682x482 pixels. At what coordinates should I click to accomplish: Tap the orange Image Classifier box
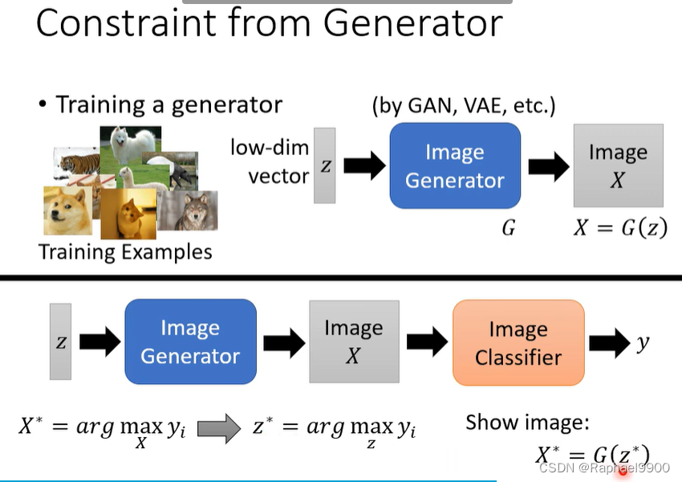(x=518, y=343)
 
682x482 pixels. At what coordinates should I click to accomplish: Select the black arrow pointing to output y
(x=609, y=343)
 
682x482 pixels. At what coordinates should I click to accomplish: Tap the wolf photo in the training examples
(x=189, y=210)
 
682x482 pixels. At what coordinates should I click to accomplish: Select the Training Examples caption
(x=125, y=252)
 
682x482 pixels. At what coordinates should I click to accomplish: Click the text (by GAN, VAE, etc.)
(x=464, y=105)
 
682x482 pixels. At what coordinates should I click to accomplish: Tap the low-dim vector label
(x=270, y=161)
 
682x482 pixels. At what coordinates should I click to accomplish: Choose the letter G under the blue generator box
(x=508, y=228)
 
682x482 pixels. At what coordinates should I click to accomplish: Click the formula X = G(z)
(x=619, y=228)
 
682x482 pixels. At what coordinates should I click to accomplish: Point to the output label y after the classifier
(x=643, y=343)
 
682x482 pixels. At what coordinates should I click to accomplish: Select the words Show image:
(x=527, y=422)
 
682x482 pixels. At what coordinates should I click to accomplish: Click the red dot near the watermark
(x=623, y=471)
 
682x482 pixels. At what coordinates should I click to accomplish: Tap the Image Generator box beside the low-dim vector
(x=455, y=166)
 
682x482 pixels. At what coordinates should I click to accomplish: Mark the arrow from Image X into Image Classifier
(x=426, y=343)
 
